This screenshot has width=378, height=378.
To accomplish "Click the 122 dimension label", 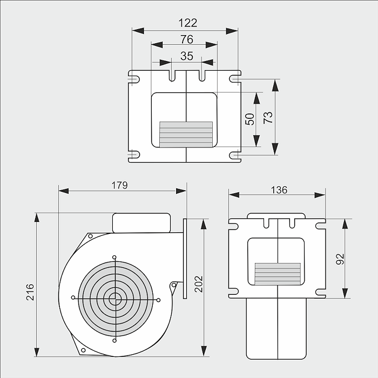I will (186, 23).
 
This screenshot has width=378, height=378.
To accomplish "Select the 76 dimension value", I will (186, 39).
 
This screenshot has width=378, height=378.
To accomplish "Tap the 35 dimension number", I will (186, 56).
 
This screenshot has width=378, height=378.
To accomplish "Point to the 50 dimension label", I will (249, 119).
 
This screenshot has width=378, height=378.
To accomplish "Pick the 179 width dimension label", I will (119, 185).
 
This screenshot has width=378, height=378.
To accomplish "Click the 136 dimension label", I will (279, 190).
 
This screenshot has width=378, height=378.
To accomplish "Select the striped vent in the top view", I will (186, 133).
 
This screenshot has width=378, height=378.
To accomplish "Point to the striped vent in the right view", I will (278, 274).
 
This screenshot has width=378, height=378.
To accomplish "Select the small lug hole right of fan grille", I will (173, 285).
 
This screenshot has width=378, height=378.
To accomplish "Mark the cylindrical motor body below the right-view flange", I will (278, 329).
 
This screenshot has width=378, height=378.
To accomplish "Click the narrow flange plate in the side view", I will (186, 258).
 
